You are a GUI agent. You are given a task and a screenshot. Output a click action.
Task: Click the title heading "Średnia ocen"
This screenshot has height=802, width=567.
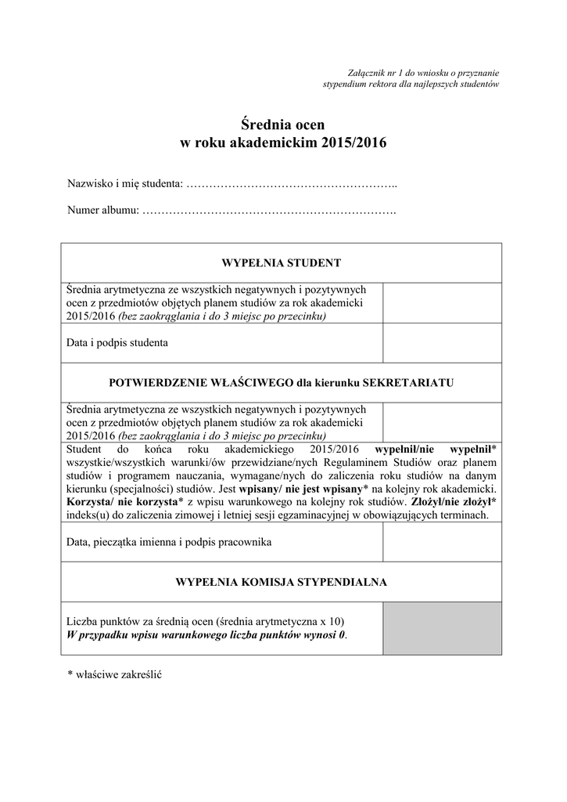(x=282, y=125)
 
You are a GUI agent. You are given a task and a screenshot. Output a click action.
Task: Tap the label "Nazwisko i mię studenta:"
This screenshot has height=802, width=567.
(x=124, y=184)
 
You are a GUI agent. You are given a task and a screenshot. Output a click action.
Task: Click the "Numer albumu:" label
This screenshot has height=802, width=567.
(x=103, y=211)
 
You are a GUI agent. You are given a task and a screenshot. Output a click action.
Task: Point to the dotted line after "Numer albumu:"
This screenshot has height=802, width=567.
(x=270, y=211)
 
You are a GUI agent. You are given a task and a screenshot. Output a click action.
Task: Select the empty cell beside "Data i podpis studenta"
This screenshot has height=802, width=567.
(x=441, y=343)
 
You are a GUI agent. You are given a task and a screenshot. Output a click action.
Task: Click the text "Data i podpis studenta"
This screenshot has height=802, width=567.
(x=117, y=343)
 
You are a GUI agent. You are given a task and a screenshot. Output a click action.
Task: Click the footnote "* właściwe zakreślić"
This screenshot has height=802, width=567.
(x=114, y=674)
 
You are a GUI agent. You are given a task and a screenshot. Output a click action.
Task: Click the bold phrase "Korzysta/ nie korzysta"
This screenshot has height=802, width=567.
(x=120, y=501)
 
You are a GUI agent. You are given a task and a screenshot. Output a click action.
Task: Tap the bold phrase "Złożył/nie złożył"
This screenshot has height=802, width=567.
(x=454, y=501)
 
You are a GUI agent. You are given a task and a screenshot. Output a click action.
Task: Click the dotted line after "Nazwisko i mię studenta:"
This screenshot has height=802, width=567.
(x=292, y=185)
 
